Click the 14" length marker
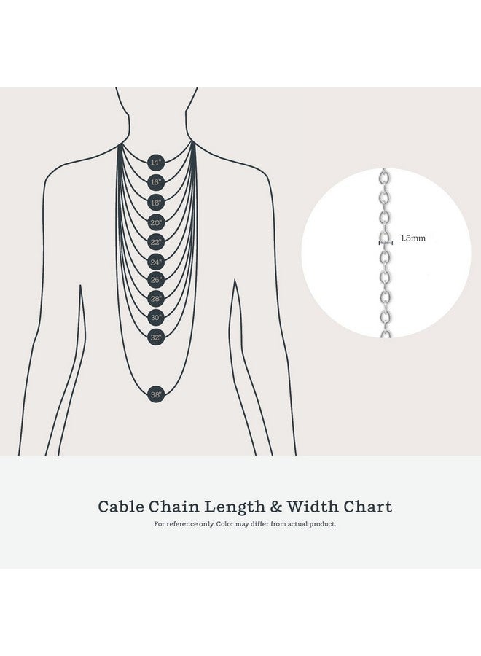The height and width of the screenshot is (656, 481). click(x=155, y=162)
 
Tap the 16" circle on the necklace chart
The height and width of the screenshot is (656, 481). click(x=155, y=182)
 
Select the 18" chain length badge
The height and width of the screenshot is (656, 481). click(x=155, y=203)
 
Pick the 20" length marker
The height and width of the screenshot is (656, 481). click(x=155, y=222)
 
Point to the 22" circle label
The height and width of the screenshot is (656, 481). click(x=155, y=242)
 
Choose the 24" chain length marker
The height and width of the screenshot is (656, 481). click(x=155, y=262)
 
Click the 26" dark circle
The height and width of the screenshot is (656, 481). click(x=155, y=279)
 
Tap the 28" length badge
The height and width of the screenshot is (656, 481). click(x=155, y=299)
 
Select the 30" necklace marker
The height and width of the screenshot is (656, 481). click(x=155, y=318)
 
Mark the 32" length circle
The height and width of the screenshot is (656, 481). click(x=155, y=337)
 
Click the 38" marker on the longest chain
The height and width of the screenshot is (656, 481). click(x=155, y=394)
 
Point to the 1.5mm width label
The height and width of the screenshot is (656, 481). click(x=412, y=238)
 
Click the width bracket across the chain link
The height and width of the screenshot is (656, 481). click(x=386, y=243)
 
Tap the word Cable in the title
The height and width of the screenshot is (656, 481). click(x=121, y=507)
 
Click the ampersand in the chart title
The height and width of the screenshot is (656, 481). click(x=276, y=507)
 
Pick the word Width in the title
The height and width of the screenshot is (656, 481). click(x=313, y=507)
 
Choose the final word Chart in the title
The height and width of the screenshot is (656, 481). click(x=368, y=507)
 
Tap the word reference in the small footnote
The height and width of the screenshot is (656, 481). click(x=182, y=524)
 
